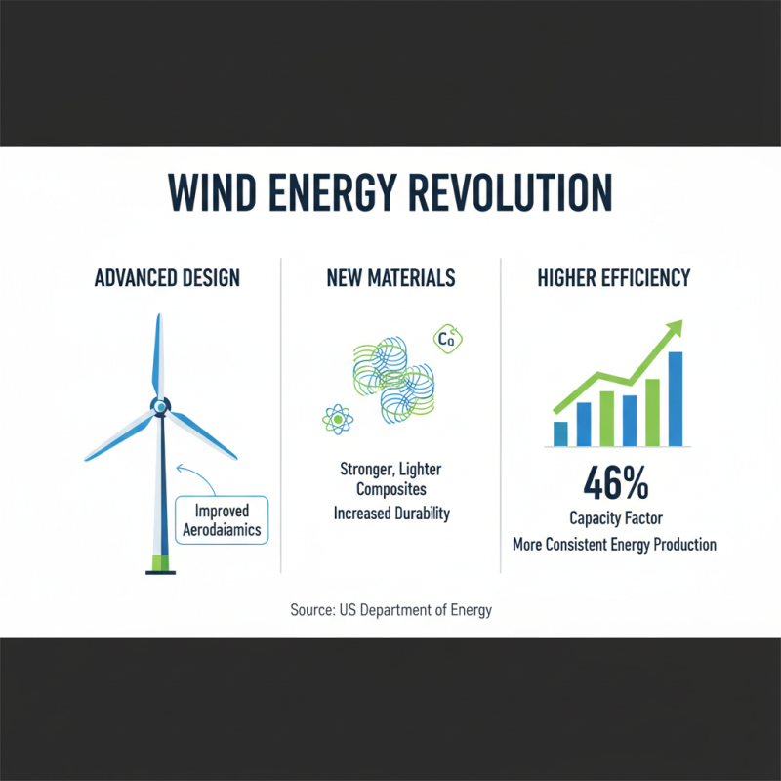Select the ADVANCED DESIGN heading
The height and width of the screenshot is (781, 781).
coord(167,278)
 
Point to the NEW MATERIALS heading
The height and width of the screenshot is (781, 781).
coord(390,278)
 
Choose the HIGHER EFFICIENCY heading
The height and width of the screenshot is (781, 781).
coord(614,278)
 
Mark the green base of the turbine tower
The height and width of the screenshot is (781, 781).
coord(157,563)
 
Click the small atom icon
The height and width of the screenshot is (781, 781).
coord(337,419)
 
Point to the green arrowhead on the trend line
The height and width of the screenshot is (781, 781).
coord(671,335)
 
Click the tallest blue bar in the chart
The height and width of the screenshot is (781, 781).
coord(675,398)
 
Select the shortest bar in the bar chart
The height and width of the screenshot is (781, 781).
coord(560,433)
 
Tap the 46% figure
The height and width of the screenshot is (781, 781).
coord(614,482)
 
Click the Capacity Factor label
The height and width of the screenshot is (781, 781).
coord(614,518)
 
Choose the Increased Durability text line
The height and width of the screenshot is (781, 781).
coord(390,513)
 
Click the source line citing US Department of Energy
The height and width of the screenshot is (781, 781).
coord(390,610)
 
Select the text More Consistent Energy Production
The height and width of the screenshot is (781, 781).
coord(614,544)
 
